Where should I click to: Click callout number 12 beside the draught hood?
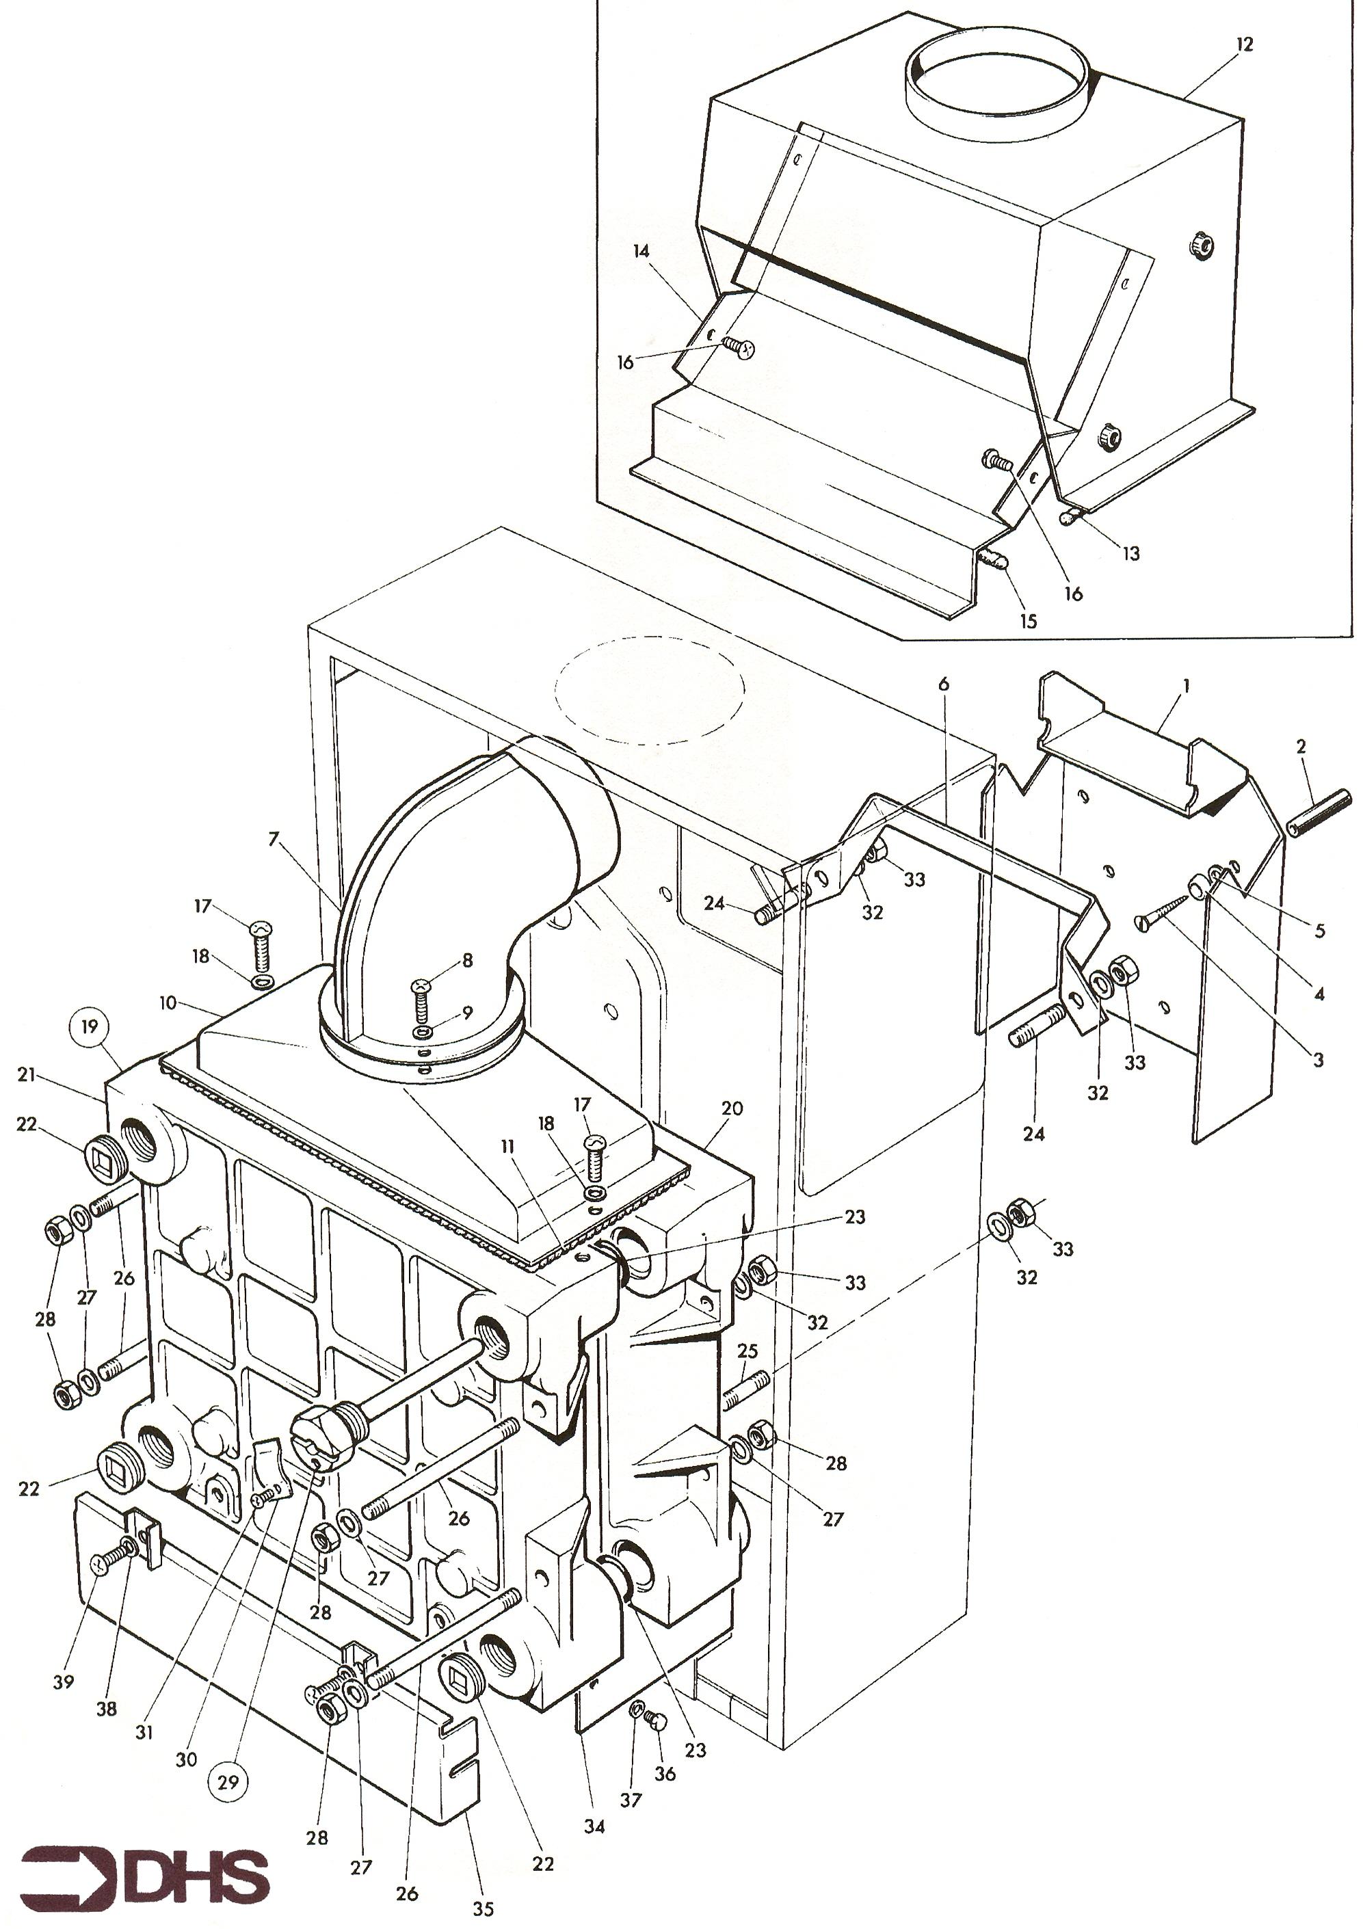click(1245, 45)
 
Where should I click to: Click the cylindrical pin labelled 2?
click(1318, 812)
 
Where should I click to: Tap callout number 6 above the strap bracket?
click(944, 684)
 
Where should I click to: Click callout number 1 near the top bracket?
click(1185, 686)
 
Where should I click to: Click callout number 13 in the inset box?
click(1131, 554)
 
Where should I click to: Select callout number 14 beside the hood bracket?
click(642, 251)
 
